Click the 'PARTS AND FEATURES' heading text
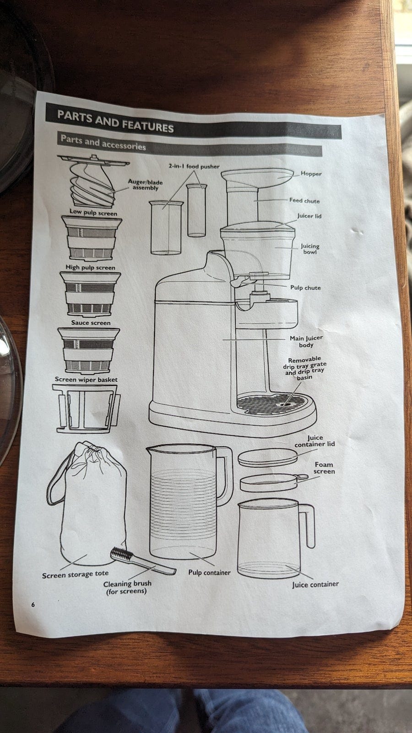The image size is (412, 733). (x=115, y=121)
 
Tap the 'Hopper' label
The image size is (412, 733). (x=311, y=174)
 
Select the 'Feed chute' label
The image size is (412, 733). (x=304, y=201)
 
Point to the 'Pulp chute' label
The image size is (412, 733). (x=305, y=288)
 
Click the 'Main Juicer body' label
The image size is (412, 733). (x=306, y=341)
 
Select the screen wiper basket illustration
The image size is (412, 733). (x=86, y=409)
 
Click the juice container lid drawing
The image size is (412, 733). (x=268, y=458)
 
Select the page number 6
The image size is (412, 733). (x=33, y=605)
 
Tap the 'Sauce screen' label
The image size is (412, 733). (x=91, y=323)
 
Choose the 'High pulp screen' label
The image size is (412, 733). (x=90, y=268)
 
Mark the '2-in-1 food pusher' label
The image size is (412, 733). (x=194, y=166)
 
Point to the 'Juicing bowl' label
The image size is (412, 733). (x=310, y=249)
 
